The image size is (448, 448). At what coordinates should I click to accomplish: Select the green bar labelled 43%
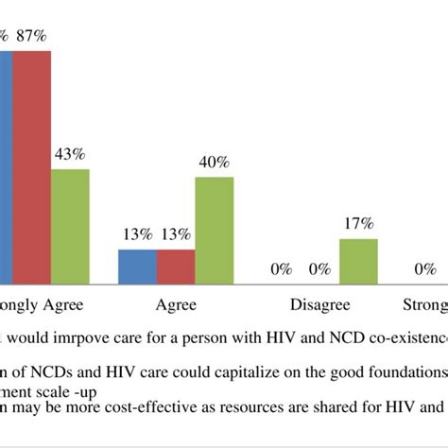[x=70, y=226]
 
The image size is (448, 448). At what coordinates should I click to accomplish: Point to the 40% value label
[x=215, y=163]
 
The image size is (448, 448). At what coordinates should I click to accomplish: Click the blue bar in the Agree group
[x=137, y=267]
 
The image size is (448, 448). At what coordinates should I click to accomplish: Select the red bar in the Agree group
[x=175, y=267]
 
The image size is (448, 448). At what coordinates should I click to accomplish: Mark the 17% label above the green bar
[x=359, y=224]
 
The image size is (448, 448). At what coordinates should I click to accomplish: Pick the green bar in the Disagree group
[x=359, y=261]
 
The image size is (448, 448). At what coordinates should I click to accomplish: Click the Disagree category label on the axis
[x=321, y=305]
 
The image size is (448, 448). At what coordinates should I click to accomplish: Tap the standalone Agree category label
[x=175, y=305]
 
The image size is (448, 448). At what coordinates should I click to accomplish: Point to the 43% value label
[x=70, y=155]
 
